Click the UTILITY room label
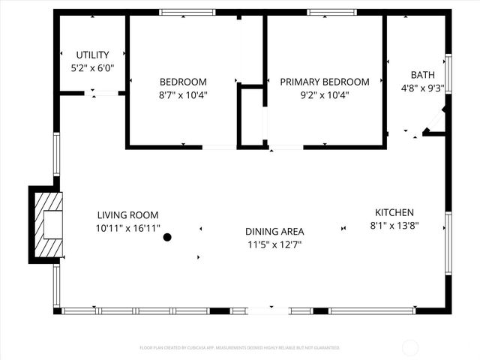93,55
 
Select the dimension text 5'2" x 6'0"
93,67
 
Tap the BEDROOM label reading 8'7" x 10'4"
183,82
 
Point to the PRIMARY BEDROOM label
325,82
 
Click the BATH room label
422,75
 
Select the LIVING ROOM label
127,215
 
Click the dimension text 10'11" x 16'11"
127,228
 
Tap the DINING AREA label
275,232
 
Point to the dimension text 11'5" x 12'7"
275,244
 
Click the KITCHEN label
394,212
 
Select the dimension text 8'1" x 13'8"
394,225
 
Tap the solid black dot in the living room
168,237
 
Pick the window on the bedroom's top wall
187,12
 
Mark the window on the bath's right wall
448,72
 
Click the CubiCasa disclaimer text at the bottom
240,348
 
